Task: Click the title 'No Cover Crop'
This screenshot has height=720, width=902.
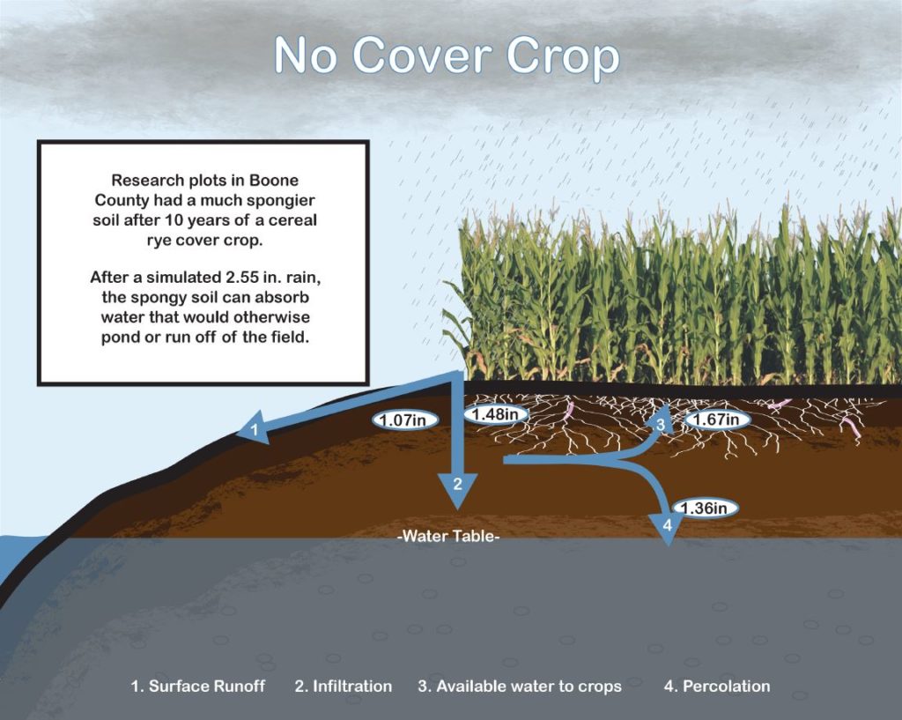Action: pyautogui.click(x=447, y=56)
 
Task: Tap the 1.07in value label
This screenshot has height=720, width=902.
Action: pyautogui.click(x=405, y=419)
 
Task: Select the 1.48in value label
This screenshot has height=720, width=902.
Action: pyautogui.click(x=496, y=414)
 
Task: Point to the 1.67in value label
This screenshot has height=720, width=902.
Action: pyautogui.click(x=717, y=419)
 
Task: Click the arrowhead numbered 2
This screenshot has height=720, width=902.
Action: pyautogui.click(x=457, y=490)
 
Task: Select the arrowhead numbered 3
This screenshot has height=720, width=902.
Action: pyautogui.click(x=661, y=419)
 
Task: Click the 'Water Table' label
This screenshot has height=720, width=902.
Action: pyautogui.click(x=448, y=537)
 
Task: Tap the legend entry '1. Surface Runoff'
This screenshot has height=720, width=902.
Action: pyautogui.click(x=198, y=686)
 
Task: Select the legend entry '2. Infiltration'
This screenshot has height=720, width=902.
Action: pyautogui.click(x=344, y=686)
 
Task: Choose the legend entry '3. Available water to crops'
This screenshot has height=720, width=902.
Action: pyautogui.click(x=520, y=686)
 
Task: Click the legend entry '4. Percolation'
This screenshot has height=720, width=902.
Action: pyautogui.click(x=717, y=686)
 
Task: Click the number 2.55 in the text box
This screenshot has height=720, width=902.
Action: pyautogui.click(x=238, y=277)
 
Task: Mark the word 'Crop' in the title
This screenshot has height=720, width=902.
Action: pyautogui.click(x=563, y=56)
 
